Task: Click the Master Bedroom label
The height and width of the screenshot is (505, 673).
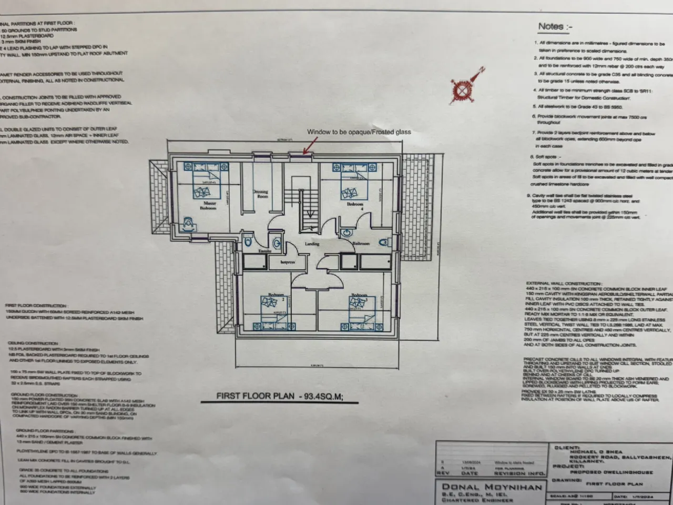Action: click(208, 205)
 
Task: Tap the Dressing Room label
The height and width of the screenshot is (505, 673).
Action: click(261, 194)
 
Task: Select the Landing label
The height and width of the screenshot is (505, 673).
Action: click(312, 244)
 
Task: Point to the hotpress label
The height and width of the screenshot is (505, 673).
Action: click(288, 262)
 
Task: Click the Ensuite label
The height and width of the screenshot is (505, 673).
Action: click(264, 251)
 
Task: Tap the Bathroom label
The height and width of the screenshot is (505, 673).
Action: click(361, 244)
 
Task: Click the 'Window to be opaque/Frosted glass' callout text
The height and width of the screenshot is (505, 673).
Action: click(359, 132)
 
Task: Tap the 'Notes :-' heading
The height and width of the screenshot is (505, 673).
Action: click(555, 26)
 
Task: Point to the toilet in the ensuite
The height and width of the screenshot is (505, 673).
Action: click(249, 241)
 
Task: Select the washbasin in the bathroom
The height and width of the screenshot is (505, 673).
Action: click(345, 233)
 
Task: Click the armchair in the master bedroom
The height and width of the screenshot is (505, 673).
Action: click(189, 225)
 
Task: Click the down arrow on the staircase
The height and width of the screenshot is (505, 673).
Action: click(312, 213)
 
